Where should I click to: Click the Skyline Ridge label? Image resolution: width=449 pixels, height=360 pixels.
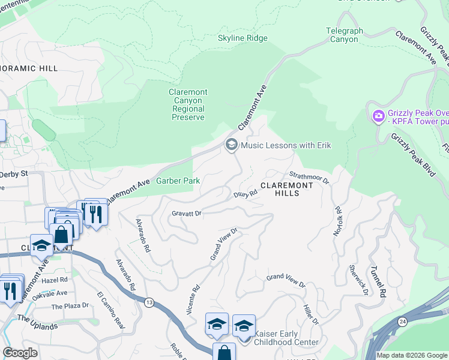(243, 38)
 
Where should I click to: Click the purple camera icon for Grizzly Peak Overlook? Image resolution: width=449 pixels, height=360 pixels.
(379, 116)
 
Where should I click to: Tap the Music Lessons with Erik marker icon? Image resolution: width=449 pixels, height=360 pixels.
(231, 145)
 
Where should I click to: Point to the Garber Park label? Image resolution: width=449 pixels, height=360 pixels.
(178, 180)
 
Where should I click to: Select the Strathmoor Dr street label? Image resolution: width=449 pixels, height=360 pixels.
(310, 177)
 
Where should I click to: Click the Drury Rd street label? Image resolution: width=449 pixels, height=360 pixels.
(246, 194)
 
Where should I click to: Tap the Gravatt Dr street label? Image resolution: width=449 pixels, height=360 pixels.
(186, 212)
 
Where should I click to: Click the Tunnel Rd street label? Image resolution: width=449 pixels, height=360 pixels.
(379, 281)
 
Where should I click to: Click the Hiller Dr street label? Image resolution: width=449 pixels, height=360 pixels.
(312, 311)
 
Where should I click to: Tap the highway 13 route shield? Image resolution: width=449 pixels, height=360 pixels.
(148, 303)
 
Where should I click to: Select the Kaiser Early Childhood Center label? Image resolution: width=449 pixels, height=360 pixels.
(286, 338)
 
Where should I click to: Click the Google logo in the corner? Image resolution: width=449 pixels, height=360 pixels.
(20, 353)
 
